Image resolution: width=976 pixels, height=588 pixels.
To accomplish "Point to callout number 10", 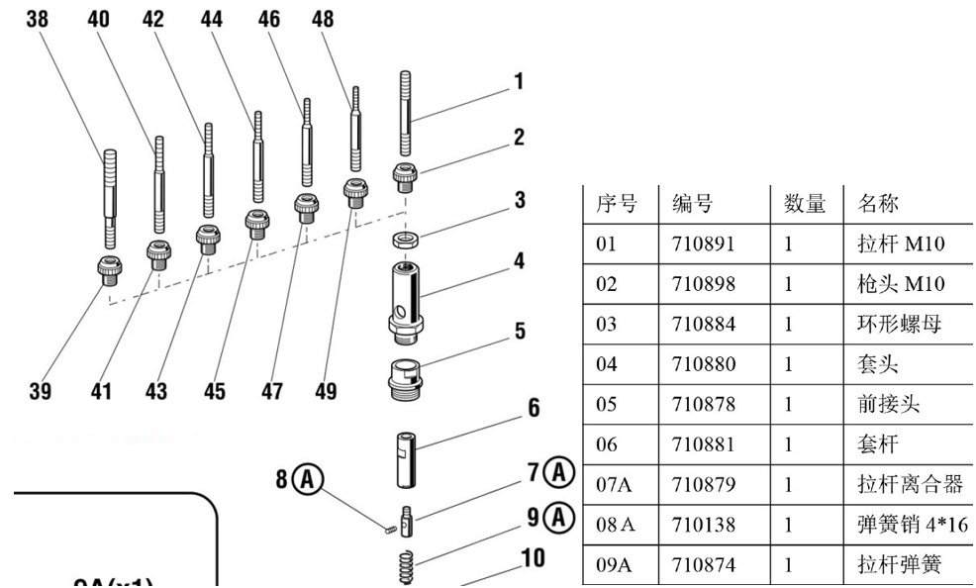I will pyautogui.click(x=533, y=558).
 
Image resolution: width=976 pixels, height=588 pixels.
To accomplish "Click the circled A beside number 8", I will pyautogui.click(x=309, y=480).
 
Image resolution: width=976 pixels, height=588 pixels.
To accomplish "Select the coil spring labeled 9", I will pyautogui.click(x=406, y=567).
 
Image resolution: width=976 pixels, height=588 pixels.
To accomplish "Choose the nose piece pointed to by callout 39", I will pyautogui.click(x=109, y=267).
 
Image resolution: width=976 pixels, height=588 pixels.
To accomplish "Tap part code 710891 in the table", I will pyautogui.click(x=704, y=244).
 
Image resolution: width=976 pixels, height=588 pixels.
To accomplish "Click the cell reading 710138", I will pyautogui.click(x=704, y=526).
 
